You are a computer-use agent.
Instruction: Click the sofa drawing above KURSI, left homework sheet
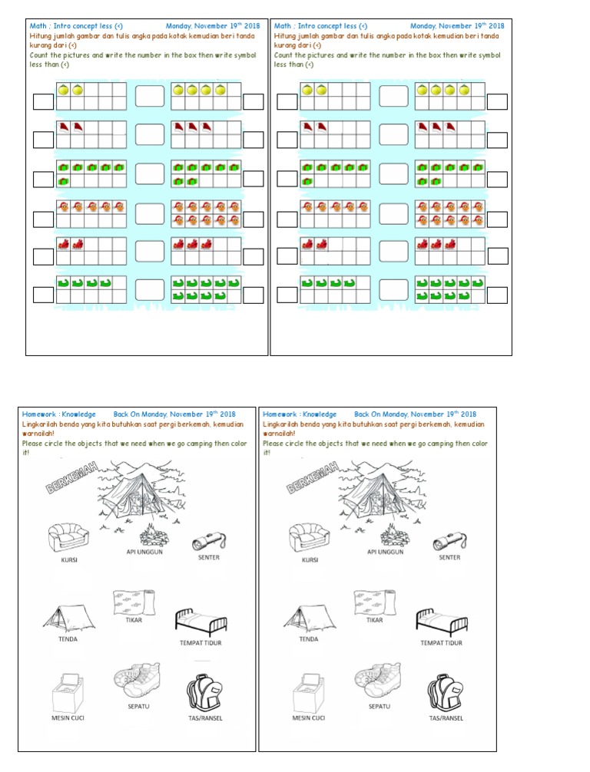pos(69,537)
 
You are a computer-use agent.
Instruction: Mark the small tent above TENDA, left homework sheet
pos(68,617)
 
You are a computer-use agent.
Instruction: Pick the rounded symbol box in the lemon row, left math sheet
pos(151,97)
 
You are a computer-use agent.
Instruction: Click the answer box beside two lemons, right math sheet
pos(287,102)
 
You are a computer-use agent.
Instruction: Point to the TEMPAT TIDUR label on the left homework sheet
pos(200,643)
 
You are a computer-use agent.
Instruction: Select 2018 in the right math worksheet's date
pos(493,25)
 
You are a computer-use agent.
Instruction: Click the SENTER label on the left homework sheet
pos(209,558)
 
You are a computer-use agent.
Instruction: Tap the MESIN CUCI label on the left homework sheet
pos(67,718)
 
